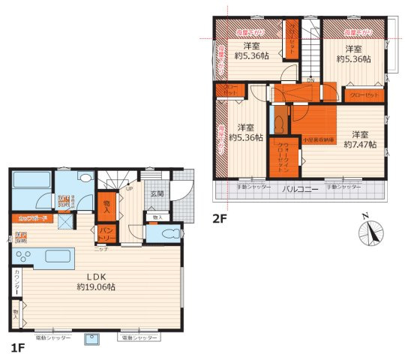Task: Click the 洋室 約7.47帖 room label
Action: [359, 137]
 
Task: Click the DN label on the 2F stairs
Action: [310, 79]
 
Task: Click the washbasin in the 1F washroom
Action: [85, 179]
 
